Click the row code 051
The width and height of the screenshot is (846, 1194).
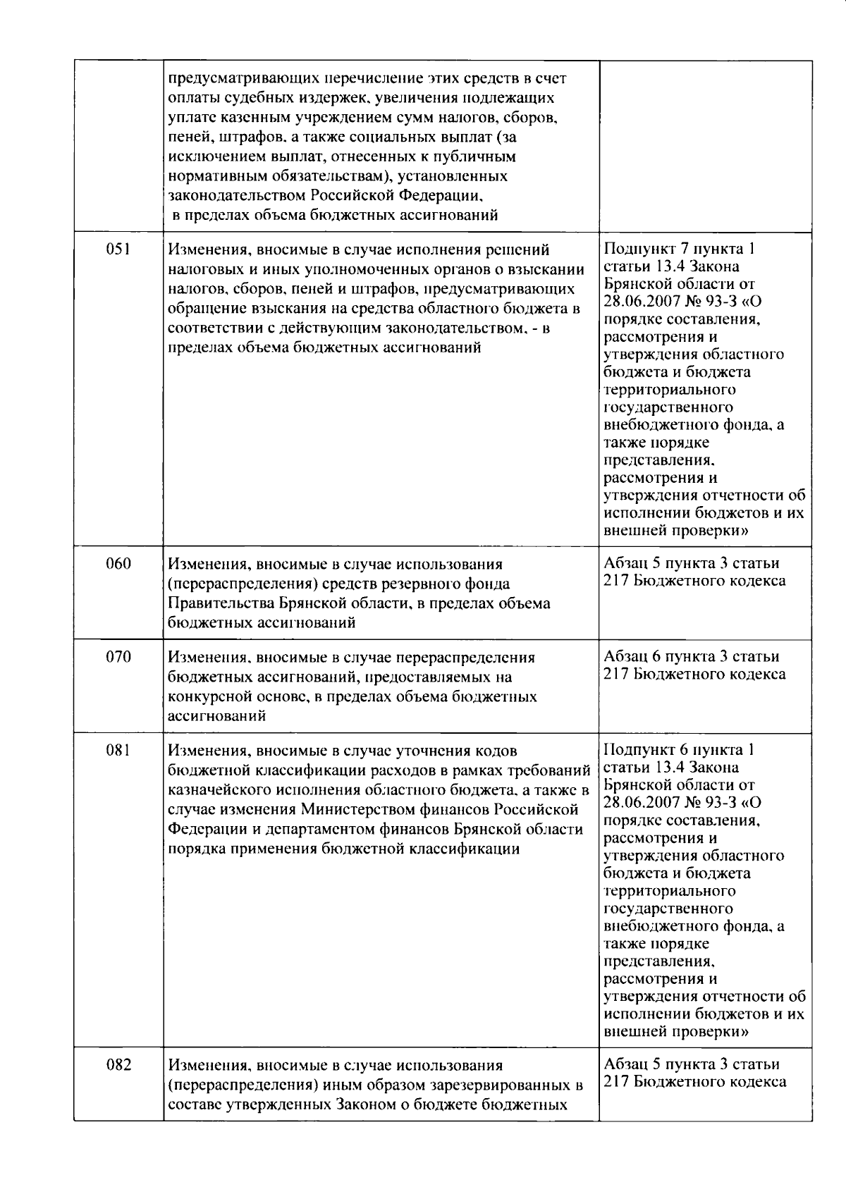coord(118,250)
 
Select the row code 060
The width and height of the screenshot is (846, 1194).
coord(118,564)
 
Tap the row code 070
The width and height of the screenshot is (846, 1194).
coord(118,657)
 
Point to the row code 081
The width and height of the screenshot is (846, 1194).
coord(118,751)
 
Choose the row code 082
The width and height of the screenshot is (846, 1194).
coord(118,1064)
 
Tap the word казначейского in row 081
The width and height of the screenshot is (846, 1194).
coord(219,790)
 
